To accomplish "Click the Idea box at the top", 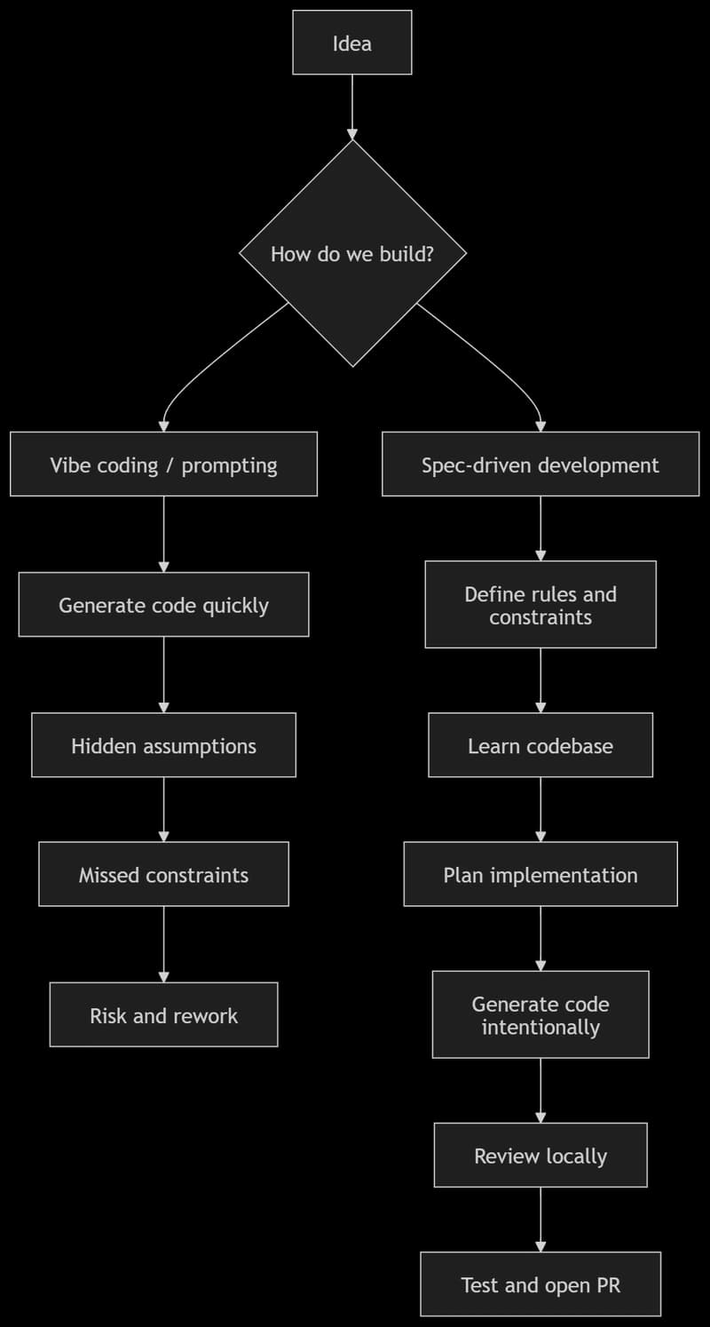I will [x=352, y=43].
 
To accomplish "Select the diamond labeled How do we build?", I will [x=352, y=254].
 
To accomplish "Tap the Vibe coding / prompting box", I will [x=163, y=465].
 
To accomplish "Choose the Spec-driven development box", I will [x=540, y=465].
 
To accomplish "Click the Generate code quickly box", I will [x=163, y=605].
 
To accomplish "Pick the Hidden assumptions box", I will [x=163, y=745].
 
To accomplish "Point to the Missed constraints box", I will [x=163, y=874].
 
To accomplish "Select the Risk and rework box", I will [x=163, y=1014].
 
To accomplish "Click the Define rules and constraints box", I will [x=540, y=605].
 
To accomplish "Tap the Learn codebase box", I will [x=540, y=745].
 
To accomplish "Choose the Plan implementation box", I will [x=540, y=874].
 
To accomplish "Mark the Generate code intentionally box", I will [x=540, y=1014].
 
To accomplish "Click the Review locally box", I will [x=540, y=1155].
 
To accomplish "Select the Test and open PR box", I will [x=540, y=1283].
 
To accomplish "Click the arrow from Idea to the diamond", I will [x=352, y=107].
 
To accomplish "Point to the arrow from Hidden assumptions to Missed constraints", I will [x=163, y=809].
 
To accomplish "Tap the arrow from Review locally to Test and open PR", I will [x=540, y=1219].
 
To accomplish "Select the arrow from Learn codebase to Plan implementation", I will [x=540, y=809].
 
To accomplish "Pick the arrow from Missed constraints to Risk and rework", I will [x=163, y=943].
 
